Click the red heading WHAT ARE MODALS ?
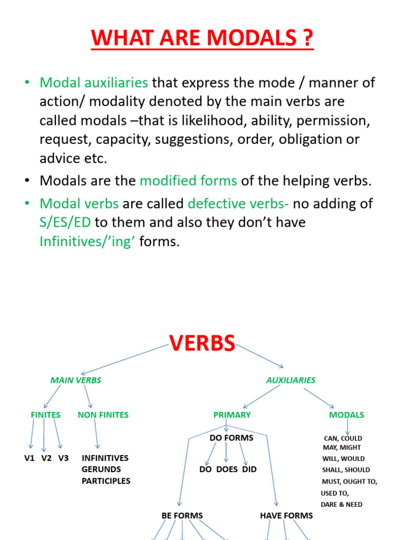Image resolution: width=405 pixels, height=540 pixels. tap(202, 38)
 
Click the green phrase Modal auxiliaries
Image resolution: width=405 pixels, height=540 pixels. tap(94, 83)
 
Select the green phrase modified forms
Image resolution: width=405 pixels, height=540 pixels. tap(188, 181)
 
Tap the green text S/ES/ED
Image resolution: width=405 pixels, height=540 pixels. tap(65, 223)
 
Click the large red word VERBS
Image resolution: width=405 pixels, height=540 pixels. tap(202, 343)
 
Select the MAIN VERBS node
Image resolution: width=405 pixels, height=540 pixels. tap(75, 380)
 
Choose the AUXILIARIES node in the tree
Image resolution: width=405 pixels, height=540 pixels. tap(291, 380)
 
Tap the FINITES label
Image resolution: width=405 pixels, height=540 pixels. tap(45, 415)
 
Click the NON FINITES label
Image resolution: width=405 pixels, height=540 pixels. tap(103, 415)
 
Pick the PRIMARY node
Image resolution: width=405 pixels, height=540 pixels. tap(232, 415)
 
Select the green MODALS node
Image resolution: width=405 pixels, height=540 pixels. tap(346, 415)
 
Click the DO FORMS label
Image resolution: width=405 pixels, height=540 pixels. tap(232, 438)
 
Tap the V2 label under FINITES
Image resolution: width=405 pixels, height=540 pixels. tap(46, 458)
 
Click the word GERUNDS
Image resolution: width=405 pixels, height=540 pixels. tap(101, 469)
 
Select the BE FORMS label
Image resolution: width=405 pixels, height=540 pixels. tap(182, 515)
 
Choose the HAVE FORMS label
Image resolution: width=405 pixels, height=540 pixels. tap(286, 515)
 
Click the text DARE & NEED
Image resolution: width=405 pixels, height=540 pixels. tap(341, 505)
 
